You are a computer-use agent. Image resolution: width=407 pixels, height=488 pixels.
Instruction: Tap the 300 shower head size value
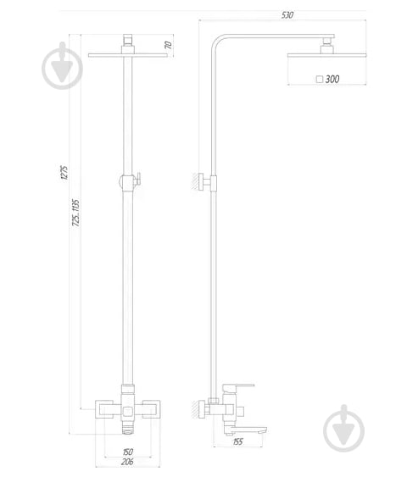[332, 79]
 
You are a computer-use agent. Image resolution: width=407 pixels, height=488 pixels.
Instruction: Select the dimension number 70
[168, 45]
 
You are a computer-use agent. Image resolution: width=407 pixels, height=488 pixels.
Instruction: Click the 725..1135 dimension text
[77, 214]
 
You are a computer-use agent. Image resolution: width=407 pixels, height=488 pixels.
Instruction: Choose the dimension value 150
[128, 451]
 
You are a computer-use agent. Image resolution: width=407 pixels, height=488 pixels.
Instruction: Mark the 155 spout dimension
[237, 442]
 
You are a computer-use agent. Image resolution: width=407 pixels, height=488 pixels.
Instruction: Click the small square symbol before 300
[318, 79]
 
